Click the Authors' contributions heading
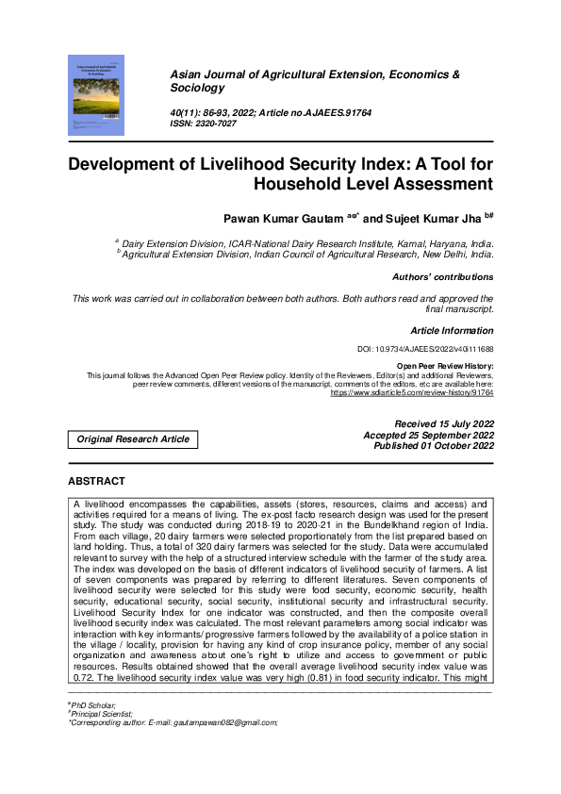(x=442, y=277)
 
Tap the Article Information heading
(x=452, y=331)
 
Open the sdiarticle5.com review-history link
(x=411, y=392)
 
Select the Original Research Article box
(x=133, y=438)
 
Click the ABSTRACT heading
(x=97, y=481)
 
